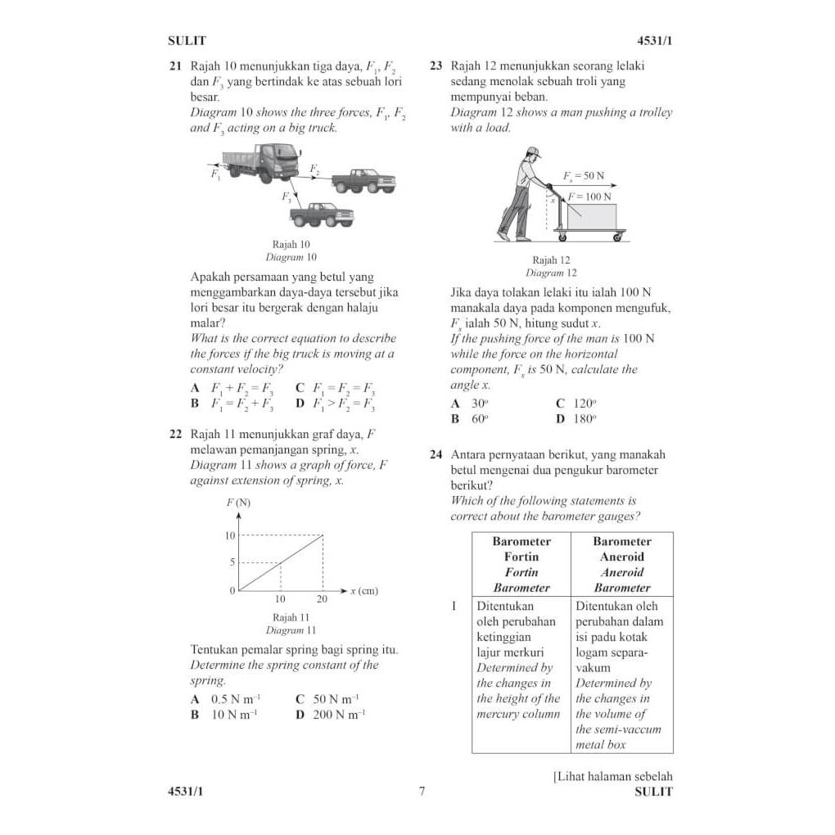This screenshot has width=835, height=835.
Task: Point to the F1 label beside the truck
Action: (215, 174)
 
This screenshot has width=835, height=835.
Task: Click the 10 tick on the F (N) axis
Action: (230, 535)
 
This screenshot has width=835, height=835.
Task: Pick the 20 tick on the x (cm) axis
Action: (322, 599)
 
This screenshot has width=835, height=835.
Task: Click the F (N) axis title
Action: (238, 503)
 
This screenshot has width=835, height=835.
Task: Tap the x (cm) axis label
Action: (364, 591)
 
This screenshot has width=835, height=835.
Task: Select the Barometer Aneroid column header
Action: (622, 564)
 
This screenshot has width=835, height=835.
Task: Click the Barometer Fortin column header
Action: (521, 564)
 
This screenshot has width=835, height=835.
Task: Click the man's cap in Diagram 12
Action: (533, 151)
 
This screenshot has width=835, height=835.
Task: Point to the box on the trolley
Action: (592, 216)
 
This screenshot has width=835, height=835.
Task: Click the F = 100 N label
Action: (590, 196)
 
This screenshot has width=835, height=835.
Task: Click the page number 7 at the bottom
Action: (422, 792)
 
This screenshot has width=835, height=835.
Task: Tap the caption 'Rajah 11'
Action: (291, 617)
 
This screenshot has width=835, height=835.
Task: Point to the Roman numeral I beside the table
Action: (454, 607)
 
